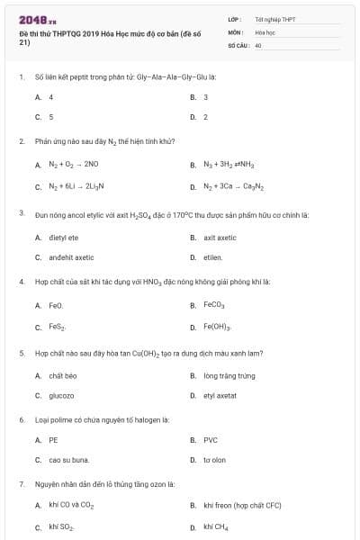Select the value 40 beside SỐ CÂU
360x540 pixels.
(x=258, y=44)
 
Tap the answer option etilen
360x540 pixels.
(x=213, y=257)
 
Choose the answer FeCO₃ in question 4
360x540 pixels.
(x=216, y=305)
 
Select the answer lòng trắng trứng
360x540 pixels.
(x=229, y=375)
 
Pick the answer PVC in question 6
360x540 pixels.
(x=211, y=440)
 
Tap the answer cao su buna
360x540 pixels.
(x=68, y=460)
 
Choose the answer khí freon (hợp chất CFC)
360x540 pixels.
(x=242, y=505)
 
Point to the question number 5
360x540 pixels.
(x=21, y=354)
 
